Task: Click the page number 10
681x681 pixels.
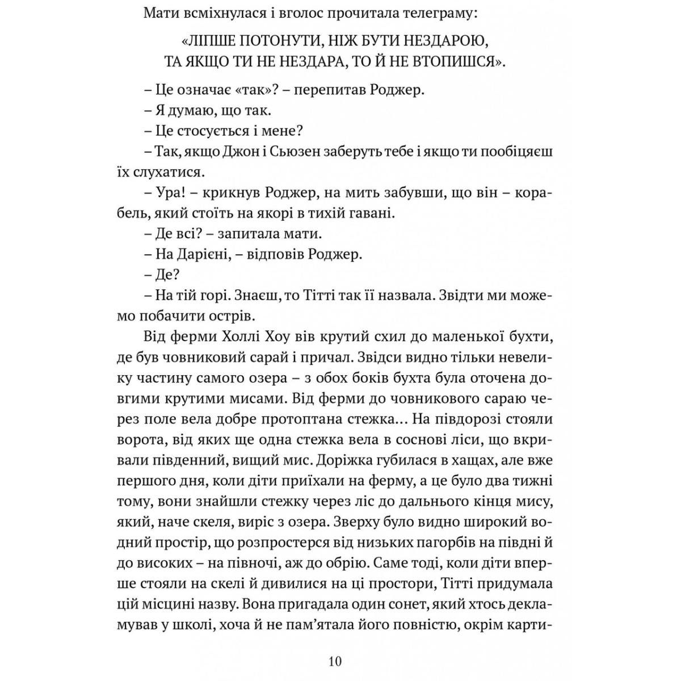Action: point(335,662)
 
